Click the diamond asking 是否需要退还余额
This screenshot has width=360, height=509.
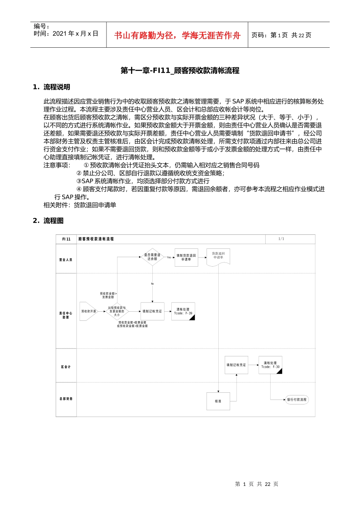[x=152, y=257]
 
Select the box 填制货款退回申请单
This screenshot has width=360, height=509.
[x=186, y=258]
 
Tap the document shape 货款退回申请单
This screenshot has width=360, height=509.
[x=218, y=256]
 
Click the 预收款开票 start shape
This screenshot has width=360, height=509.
[x=88, y=311]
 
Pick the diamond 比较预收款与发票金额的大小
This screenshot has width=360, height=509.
[x=117, y=311]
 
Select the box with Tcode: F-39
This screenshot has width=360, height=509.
[x=183, y=311]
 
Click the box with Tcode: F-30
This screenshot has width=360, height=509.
[x=270, y=365]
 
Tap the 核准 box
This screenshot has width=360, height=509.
[x=218, y=401]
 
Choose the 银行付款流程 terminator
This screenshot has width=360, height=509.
[x=297, y=400]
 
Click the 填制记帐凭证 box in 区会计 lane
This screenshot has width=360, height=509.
[x=236, y=365]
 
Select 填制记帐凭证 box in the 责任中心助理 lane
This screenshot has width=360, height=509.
[x=152, y=311]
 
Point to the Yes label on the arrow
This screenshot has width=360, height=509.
[x=169, y=258]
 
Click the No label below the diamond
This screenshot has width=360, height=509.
[x=152, y=284]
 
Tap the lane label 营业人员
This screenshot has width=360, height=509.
[x=66, y=260]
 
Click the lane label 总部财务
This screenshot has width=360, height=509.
[x=66, y=399]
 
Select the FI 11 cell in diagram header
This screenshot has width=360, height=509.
[x=66, y=239]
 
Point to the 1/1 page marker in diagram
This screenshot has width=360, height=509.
[x=281, y=239]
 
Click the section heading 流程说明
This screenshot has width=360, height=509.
[x=56, y=87]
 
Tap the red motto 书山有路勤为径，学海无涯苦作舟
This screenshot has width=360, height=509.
[x=177, y=36]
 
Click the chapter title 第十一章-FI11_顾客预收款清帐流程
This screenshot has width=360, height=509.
[x=180, y=70]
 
